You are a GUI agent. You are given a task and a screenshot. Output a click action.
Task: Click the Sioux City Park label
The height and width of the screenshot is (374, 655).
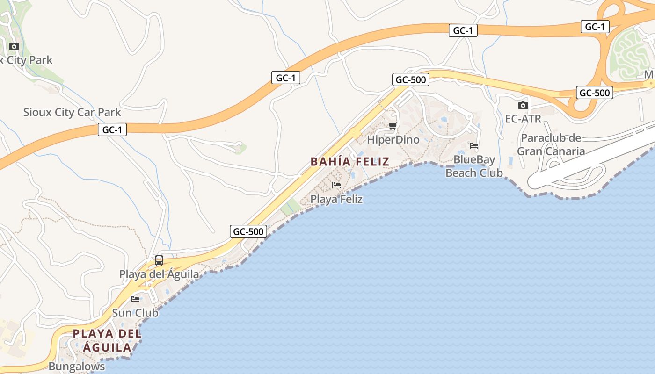click(27, 60)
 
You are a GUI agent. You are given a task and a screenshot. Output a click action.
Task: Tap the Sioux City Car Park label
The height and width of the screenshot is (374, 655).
click(72, 112)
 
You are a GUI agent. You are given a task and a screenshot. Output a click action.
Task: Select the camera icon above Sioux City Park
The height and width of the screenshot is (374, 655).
click(14, 46)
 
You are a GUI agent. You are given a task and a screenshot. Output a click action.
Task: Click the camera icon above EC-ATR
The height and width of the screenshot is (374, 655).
click(523, 106)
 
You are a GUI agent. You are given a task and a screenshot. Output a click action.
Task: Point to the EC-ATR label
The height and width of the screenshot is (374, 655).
click(523, 119)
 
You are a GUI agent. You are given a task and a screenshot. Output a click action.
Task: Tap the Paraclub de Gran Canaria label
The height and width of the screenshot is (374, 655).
click(551, 144)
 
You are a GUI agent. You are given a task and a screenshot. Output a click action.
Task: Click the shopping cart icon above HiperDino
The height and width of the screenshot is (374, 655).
click(393, 126)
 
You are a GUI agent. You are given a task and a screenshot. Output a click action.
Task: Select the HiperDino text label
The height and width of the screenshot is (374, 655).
click(393, 140)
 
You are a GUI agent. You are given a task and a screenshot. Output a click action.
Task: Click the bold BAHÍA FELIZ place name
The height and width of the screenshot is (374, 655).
click(350, 162)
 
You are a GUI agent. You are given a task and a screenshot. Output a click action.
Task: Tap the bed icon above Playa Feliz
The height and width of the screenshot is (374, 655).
click(336, 185)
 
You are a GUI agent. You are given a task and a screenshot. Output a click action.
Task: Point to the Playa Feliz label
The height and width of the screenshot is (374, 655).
click(337, 199)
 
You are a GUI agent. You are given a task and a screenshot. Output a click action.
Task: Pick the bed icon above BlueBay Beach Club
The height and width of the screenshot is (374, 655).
click(474, 146)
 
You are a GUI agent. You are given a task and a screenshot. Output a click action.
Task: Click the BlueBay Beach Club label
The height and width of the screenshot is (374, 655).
click(474, 166)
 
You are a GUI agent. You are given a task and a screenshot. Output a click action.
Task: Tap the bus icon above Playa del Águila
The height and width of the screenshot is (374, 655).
click(159, 260)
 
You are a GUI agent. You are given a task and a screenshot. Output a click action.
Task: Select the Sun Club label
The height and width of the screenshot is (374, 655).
click(135, 313)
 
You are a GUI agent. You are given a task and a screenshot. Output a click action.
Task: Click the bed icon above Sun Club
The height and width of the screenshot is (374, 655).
click(136, 299)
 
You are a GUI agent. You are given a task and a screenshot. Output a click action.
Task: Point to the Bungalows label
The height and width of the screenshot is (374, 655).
click(77, 366)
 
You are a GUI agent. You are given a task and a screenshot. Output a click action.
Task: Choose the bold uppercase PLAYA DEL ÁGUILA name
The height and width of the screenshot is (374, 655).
click(107, 341)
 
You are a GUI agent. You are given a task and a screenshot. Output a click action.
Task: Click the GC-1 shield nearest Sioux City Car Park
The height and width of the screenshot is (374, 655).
click(112, 129)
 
